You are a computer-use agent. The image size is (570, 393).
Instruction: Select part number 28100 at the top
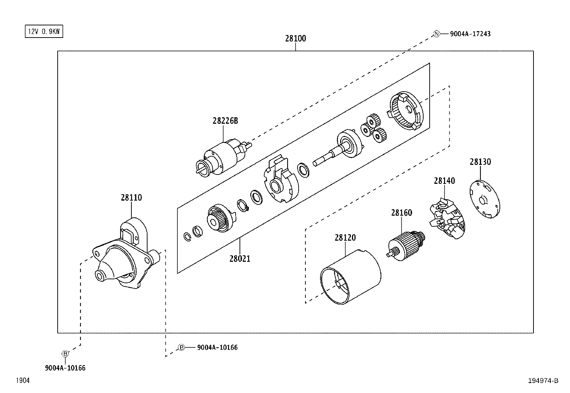point(295,38)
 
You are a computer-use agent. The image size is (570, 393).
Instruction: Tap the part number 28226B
point(225,121)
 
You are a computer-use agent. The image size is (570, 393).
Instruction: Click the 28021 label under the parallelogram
point(240,258)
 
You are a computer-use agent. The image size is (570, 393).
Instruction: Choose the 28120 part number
point(345,237)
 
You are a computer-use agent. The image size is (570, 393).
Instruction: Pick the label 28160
point(401,213)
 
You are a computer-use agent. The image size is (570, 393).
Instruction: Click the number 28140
point(444,181)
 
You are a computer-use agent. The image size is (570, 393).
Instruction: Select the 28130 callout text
point(480,162)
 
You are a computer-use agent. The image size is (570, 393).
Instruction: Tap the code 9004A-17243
point(470,34)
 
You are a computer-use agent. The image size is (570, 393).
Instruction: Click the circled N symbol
point(436,34)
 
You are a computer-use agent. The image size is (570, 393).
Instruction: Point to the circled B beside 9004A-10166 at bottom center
point(182,347)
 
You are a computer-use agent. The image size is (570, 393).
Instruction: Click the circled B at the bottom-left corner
point(65,354)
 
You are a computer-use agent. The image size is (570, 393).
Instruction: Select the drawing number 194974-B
point(543,381)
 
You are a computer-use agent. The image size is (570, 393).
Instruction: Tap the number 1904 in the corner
point(22,381)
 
